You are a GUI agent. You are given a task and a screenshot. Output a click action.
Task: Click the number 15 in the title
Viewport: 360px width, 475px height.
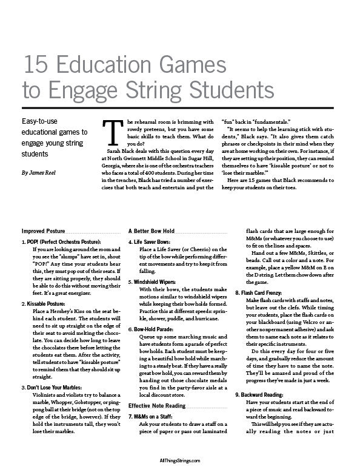pos(33,66)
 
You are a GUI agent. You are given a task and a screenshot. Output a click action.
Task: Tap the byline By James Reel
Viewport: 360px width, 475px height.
pos(41,173)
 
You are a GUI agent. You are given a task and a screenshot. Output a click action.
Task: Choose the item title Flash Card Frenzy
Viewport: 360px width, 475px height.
pos(269,292)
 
